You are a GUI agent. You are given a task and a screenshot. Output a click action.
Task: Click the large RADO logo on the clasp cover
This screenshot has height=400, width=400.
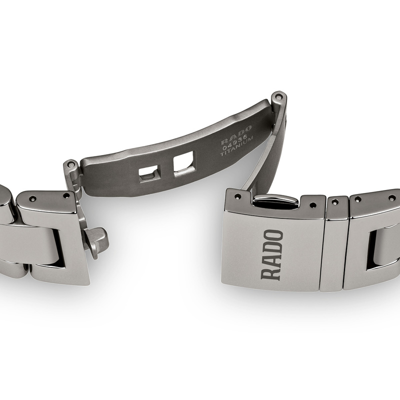pos(272,254)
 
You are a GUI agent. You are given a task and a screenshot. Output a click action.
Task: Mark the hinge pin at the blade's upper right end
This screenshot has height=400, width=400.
pos(277,94)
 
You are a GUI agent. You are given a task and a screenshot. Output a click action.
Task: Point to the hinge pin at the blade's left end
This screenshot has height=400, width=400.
pos(71,163)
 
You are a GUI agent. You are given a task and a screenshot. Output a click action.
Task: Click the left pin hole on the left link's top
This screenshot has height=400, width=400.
pos(33,198)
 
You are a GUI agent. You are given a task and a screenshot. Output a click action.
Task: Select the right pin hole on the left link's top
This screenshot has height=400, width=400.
pos(66,195)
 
